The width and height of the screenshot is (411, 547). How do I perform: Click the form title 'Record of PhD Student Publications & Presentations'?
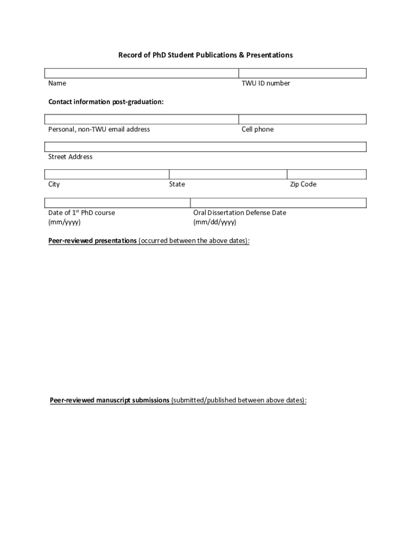205,55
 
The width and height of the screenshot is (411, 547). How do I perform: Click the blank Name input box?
141,73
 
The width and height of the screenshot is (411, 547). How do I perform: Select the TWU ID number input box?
302,73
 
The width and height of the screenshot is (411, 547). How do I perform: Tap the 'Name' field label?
57,83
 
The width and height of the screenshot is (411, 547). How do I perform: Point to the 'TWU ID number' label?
266,83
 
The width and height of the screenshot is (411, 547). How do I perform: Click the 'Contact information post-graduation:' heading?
106,101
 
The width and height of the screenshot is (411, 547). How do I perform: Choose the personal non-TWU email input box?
141,119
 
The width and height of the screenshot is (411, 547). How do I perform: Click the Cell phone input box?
302,119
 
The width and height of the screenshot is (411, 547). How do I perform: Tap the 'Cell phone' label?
257,129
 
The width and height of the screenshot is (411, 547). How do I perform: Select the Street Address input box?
205,147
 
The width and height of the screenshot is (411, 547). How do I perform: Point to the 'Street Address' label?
70,157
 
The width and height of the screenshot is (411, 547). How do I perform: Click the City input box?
107,174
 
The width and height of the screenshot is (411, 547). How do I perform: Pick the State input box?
228,174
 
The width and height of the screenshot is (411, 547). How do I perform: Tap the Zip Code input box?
327,174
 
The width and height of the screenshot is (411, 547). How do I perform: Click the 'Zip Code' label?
303,184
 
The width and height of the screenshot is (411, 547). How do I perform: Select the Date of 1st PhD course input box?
117,202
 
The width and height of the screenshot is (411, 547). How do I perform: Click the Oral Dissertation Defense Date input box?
278,202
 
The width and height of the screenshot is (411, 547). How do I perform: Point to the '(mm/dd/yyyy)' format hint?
215,222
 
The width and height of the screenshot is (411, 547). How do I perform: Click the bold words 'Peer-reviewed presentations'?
92,241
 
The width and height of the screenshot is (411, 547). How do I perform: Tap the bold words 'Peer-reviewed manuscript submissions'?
109,400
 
